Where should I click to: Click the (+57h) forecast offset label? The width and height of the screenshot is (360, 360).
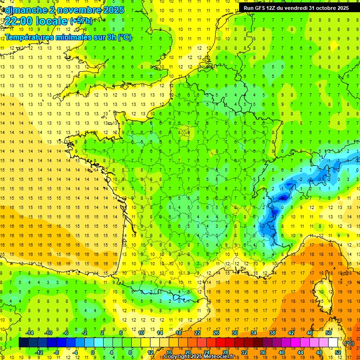pos(81,21)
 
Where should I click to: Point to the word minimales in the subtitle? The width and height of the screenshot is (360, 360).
pos(74,37)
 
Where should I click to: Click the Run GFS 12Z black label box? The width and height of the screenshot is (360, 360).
pos(296,8)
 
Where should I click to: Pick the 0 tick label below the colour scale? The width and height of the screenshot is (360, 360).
pos(93,352)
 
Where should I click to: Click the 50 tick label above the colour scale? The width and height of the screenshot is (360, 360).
pos(328,333)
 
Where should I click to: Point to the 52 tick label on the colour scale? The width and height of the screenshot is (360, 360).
pos(337,352)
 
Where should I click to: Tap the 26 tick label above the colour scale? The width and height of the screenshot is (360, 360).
pos(216,333)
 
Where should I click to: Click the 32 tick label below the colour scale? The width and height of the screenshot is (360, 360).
pos(244,352)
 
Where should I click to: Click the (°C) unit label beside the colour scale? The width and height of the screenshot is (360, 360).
pos(349,343)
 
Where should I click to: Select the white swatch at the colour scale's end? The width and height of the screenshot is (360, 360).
pos(333,343)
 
